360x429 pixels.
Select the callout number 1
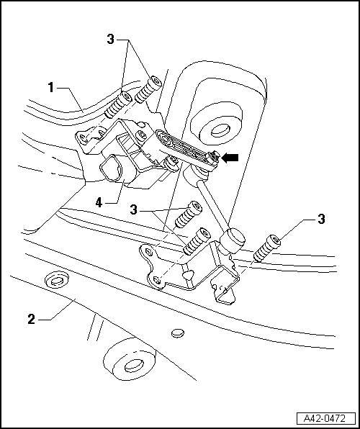[x=51, y=87]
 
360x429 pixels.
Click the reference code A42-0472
[x=325, y=417]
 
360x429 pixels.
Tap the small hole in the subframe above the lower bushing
[x=178, y=333]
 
